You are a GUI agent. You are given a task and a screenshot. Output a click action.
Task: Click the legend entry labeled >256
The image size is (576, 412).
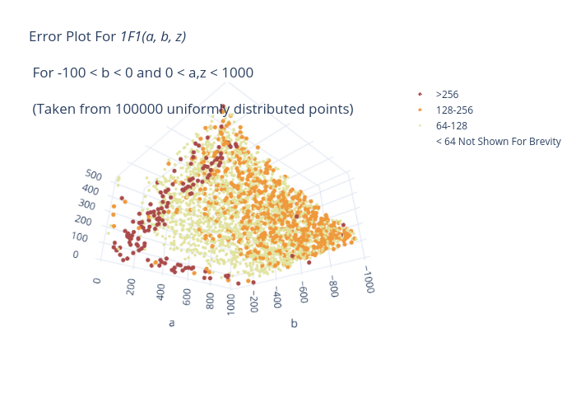point(447,95)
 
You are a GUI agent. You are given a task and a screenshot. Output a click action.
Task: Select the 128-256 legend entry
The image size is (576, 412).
point(454,110)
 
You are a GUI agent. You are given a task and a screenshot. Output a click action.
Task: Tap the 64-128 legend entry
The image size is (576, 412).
point(452,126)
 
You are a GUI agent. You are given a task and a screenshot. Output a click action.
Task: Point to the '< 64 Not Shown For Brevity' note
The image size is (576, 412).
point(499,142)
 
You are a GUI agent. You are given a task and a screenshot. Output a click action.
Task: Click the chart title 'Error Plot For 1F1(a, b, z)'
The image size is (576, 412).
point(108,36)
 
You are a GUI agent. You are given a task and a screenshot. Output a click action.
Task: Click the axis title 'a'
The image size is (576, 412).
point(171,323)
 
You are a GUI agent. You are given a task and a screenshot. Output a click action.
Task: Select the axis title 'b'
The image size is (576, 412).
point(294,323)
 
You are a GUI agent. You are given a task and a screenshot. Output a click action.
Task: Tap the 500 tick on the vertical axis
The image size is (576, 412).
point(93,175)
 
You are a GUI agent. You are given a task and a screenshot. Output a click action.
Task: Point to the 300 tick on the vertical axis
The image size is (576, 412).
point(86,204)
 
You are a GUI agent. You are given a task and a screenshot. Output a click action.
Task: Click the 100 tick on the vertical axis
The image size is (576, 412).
point(80,237)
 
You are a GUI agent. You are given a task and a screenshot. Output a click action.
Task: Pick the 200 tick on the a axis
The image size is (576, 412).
point(131,287)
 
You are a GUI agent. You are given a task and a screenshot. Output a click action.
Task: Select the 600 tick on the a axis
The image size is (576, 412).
point(187,297)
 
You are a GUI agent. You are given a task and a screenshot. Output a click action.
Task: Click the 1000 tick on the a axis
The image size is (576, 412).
point(230,305)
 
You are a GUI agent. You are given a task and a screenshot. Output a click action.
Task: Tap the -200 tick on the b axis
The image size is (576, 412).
point(253,302)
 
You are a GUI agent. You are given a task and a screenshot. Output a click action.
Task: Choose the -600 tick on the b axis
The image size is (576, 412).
point(304,293)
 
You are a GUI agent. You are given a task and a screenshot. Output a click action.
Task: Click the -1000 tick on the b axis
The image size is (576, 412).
point(369,280)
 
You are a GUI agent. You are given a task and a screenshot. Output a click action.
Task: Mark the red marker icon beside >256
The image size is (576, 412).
point(420,95)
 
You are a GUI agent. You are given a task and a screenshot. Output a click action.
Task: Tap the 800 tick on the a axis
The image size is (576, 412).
point(210,301)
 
